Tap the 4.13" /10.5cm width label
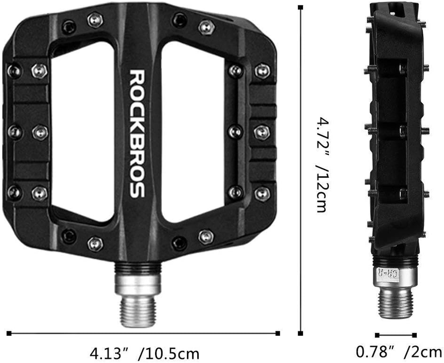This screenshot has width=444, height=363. pyautogui.click(x=145, y=352)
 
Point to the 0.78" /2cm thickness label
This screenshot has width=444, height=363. pyautogui.click(x=399, y=352)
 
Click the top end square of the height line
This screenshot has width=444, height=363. pyautogui.click(x=300, y=7)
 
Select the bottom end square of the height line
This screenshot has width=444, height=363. pyautogui.click(x=300, y=334)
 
